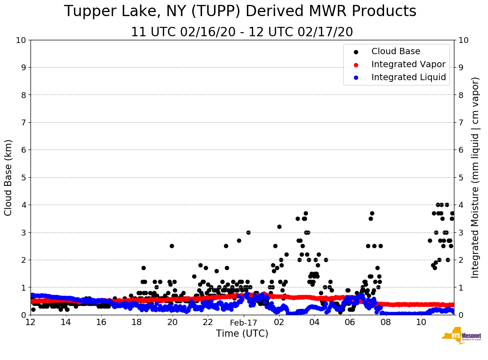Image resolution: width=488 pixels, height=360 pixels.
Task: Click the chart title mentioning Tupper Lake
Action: click(240, 12)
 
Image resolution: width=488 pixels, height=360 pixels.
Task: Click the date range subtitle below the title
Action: click(242, 32)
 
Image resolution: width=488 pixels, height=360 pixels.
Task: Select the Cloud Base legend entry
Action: click(396, 51)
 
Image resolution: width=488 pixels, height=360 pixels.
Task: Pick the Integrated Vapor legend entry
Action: click(408, 64)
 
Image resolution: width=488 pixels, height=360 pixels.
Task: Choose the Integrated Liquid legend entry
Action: click(409, 77)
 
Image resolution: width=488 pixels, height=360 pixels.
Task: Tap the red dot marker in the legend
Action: click(356, 64)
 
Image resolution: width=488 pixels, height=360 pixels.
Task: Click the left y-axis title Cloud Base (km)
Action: click(9, 177)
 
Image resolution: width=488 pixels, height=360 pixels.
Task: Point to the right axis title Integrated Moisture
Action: click(475, 177)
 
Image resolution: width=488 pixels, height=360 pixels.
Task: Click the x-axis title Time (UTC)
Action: click(242, 334)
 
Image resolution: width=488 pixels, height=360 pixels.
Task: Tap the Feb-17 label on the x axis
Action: click(243, 322)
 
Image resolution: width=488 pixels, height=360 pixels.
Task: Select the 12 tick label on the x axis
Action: click(30, 322)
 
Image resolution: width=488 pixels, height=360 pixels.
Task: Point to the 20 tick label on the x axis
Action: click(173, 322)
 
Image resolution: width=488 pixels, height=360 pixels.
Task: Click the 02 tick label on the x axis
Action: click(279, 322)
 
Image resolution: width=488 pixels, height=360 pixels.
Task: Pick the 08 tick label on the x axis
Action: click(385, 322)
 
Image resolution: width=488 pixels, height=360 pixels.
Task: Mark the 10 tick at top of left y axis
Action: click(21, 40)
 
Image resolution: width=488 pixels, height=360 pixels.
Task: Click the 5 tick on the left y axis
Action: click(23, 177)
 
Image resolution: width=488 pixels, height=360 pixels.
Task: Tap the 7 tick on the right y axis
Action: click(461, 123)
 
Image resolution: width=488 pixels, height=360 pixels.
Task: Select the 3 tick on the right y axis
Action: click(461, 232)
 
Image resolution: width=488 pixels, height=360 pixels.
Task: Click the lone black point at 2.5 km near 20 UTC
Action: click(172, 246)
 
